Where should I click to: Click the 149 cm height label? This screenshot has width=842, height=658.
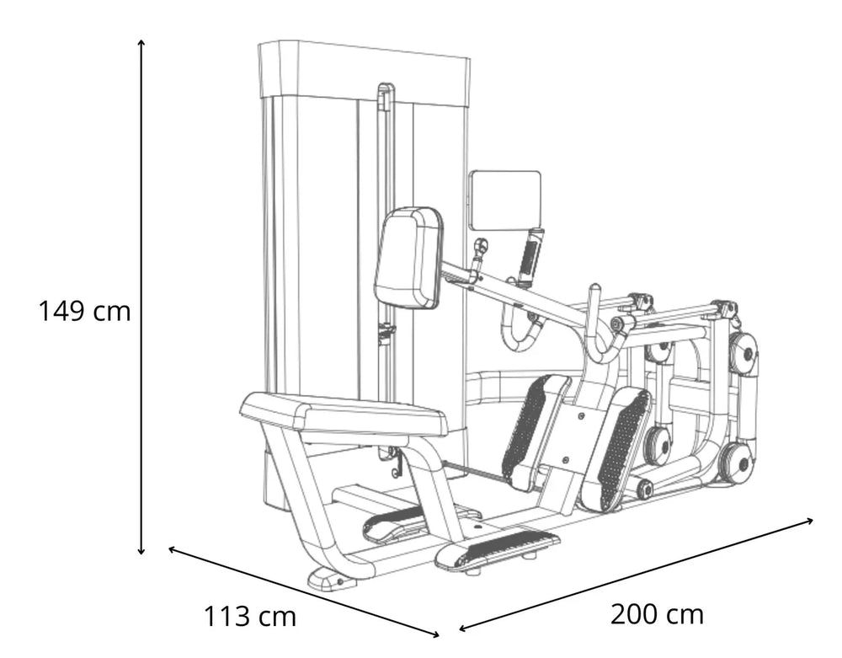(84, 311)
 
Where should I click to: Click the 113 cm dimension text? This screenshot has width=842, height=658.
(250, 616)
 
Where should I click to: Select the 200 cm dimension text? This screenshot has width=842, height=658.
(657, 613)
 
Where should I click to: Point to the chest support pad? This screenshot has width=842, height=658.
(408, 257)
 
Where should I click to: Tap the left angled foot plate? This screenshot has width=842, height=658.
(535, 430)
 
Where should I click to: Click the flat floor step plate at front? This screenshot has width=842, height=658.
(497, 550)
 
